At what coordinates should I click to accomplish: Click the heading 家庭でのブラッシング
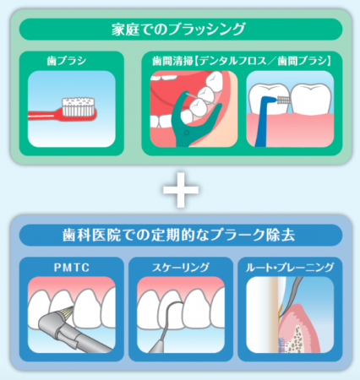click(x=178, y=30)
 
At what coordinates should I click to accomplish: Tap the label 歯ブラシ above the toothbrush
click(x=67, y=61)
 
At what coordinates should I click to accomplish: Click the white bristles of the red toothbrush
click(x=78, y=107)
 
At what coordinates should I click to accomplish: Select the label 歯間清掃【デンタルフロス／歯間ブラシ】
click(x=242, y=61)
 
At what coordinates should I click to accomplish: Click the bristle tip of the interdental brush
click(x=282, y=100)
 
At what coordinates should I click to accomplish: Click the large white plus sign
click(x=181, y=190)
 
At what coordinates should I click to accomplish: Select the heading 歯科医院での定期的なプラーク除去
click(x=178, y=236)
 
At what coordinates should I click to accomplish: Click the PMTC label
click(x=72, y=267)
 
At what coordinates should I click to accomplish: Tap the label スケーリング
click(x=181, y=267)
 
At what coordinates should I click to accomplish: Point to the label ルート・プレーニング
click(x=290, y=267)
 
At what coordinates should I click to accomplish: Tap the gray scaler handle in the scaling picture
click(x=158, y=345)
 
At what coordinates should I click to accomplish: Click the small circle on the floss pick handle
click(x=186, y=133)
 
